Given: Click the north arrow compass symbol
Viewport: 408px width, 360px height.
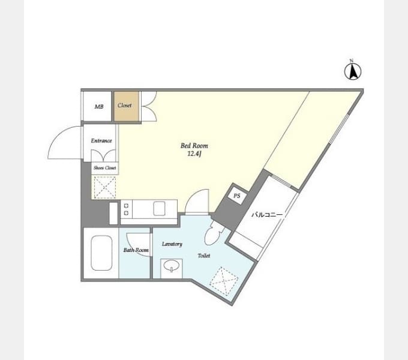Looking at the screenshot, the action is click(353, 70).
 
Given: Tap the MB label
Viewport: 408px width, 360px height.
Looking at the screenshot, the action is click(99, 106).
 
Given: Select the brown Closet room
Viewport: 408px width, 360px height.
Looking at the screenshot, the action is click(126, 106).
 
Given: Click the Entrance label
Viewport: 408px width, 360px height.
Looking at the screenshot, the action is click(101, 141).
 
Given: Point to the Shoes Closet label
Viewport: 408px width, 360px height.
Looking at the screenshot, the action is click(105, 168).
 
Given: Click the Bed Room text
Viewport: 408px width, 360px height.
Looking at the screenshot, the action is click(194, 146).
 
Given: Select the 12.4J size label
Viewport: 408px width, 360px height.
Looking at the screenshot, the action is click(194, 154).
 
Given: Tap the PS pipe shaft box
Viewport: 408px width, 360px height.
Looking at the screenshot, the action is click(236, 196).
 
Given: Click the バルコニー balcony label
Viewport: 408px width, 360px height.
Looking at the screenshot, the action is click(267, 215).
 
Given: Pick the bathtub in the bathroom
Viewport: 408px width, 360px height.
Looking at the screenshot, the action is click(101, 253).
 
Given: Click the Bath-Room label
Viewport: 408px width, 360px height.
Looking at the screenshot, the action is click(136, 250).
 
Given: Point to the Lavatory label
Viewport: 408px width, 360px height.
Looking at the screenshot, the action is click(172, 244).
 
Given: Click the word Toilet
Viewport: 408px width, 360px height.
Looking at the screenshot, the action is click(204, 256).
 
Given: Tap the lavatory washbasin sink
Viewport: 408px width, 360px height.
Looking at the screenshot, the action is click(172, 266).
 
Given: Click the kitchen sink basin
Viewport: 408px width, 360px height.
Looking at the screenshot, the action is click(159, 209).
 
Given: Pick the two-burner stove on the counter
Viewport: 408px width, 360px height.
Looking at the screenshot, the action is click(126, 209).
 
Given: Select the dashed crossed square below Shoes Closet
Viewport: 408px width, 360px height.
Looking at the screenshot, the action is click(104, 188).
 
